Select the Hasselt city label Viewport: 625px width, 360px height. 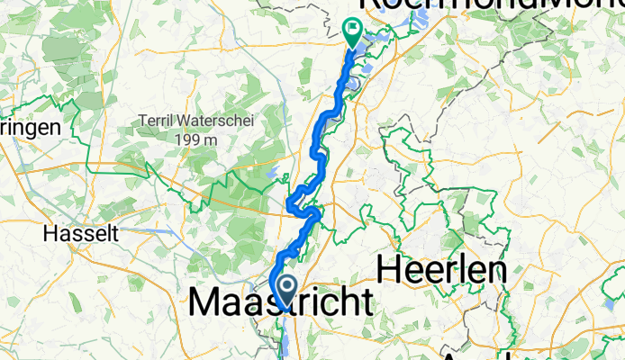tap(81, 233)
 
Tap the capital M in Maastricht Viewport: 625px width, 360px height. tap(204, 303)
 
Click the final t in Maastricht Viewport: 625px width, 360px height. tap(366, 303)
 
